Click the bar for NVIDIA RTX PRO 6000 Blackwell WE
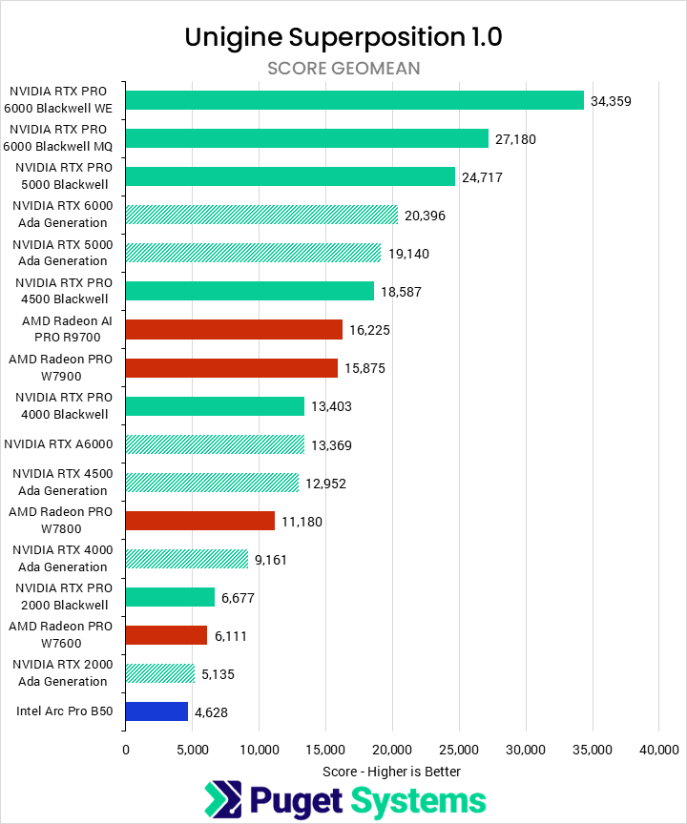(354, 100)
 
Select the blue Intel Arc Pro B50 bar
(156, 711)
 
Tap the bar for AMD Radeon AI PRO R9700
(234, 329)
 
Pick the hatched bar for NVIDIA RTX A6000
(215, 444)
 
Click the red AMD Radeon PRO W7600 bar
(166, 635)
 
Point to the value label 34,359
(611, 101)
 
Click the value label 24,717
(482, 177)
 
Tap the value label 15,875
(365, 368)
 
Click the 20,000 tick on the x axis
(391, 750)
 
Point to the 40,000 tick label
(657, 750)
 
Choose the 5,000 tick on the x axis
(192, 750)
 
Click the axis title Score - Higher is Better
(391, 771)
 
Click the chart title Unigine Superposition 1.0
(343, 37)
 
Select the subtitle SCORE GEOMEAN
(343, 68)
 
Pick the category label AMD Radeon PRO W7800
(60, 521)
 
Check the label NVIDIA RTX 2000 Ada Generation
(60, 673)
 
